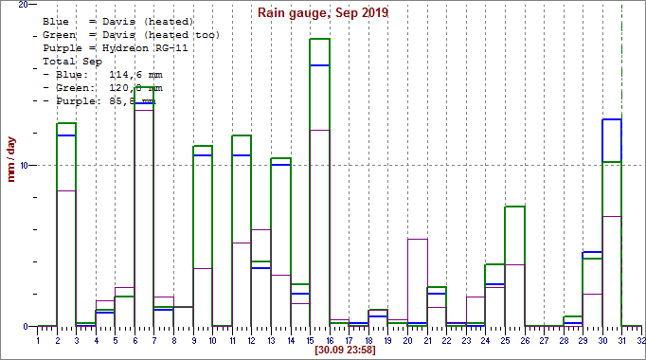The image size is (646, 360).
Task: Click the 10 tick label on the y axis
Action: pos(26,166)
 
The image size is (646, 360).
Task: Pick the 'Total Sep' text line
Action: pos(69,61)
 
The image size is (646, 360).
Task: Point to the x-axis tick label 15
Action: pos(310,338)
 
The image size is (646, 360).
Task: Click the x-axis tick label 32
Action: pos(641,338)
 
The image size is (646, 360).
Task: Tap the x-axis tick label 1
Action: pos(38,338)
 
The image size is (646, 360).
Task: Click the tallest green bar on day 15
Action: pos(319,180)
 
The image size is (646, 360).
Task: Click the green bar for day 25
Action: pos(514,265)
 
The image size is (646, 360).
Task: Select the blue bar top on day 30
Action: pos(612,120)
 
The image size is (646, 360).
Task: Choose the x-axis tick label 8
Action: pos(173,338)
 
